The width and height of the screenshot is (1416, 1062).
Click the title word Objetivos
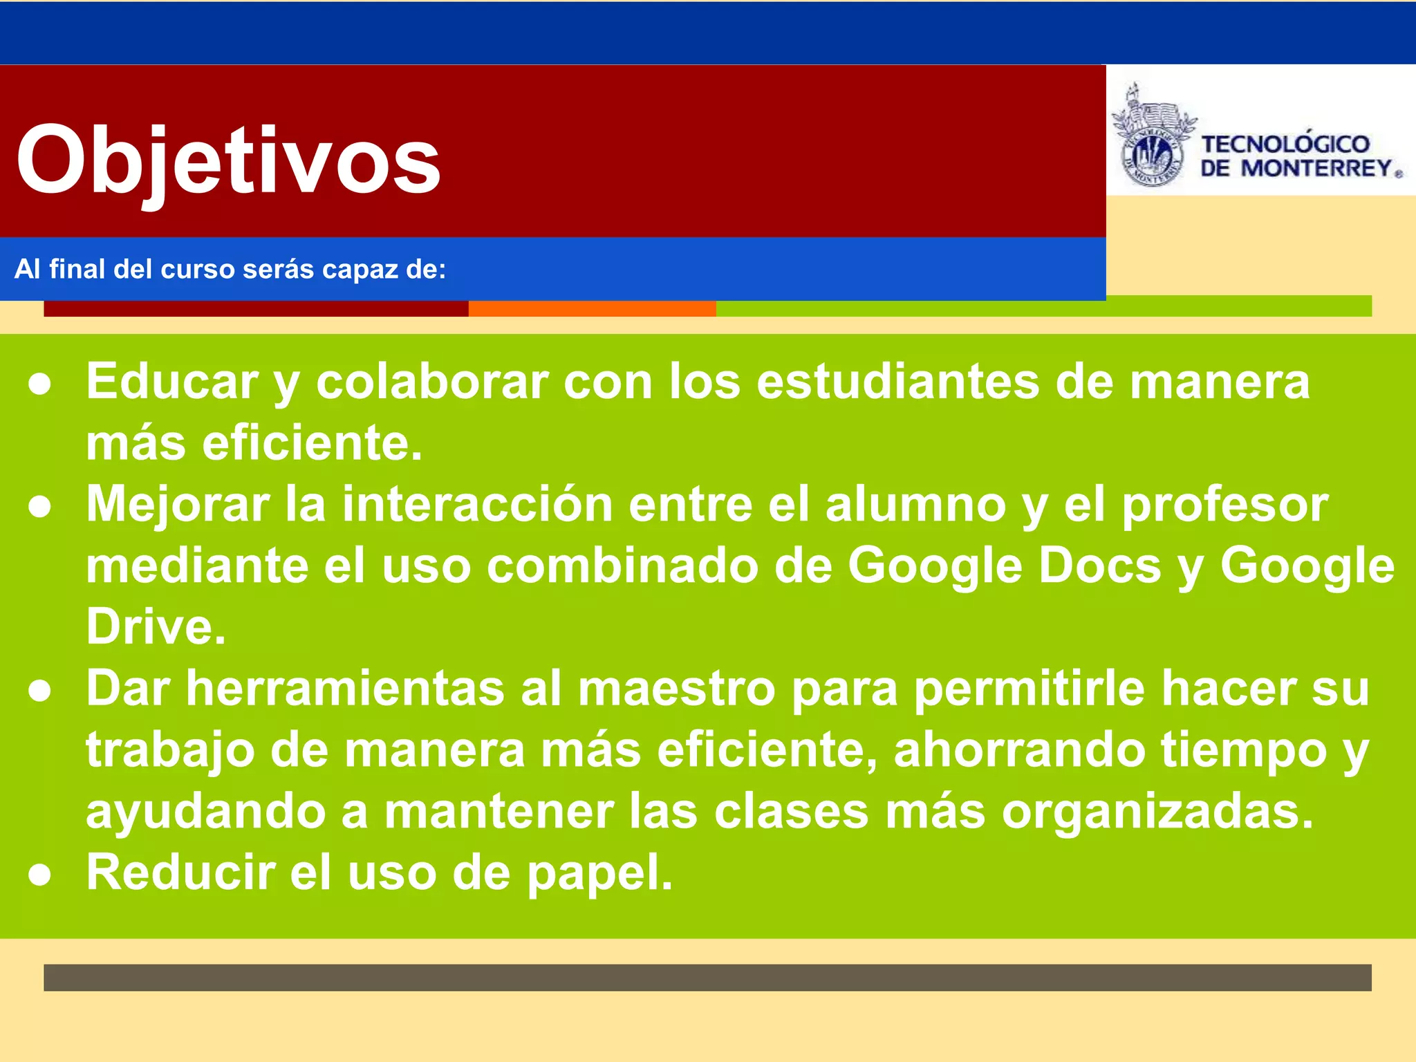(x=228, y=160)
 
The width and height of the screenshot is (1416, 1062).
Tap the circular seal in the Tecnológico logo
(x=1150, y=156)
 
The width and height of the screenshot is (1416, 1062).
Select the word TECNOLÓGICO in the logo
(x=1285, y=144)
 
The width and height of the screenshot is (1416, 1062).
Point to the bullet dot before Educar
(x=40, y=384)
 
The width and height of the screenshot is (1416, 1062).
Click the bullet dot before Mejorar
(x=40, y=507)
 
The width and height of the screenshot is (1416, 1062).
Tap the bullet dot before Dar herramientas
(x=40, y=691)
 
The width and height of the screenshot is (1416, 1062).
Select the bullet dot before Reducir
(x=40, y=875)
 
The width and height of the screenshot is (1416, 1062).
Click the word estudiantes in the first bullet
(x=897, y=382)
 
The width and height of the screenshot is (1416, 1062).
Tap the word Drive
(x=155, y=626)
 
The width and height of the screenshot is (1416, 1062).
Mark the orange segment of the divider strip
(x=592, y=309)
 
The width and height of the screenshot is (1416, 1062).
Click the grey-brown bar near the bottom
(x=707, y=977)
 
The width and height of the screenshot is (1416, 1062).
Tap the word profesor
(x=1224, y=504)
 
